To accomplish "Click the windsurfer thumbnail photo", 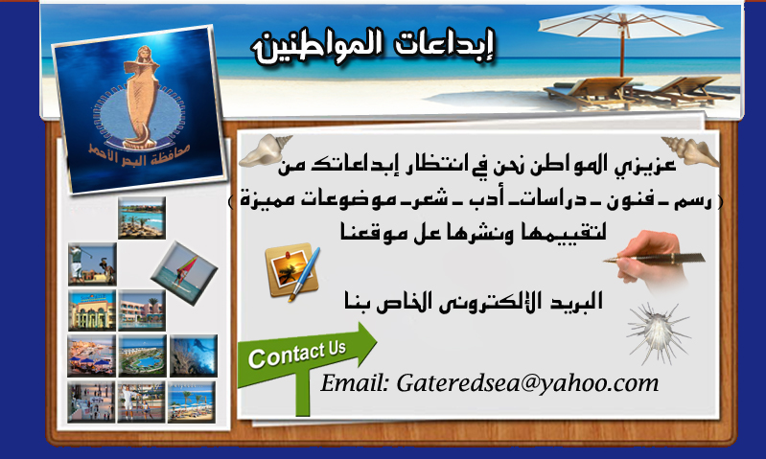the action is [x=184, y=273].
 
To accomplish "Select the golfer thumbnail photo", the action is [x=92, y=264].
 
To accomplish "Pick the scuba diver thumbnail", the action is [x=194, y=356].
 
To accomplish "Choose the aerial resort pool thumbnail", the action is [x=142, y=356].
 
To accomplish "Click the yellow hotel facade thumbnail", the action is [x=92, y=310].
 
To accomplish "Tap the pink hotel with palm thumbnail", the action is [x=142, y=310].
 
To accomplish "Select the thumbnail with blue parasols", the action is [x=91, y=356].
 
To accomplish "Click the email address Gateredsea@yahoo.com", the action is [x=527, y=383].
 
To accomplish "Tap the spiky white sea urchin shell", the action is [x=658, y=333].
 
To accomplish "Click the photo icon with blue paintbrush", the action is [x=292, y=271].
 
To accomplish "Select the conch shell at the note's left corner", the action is [x=265, y=150].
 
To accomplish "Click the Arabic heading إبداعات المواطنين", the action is [x=373, y=46].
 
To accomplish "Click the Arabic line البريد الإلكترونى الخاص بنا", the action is [x=473, y=301].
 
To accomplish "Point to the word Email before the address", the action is [x=355, y=383].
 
